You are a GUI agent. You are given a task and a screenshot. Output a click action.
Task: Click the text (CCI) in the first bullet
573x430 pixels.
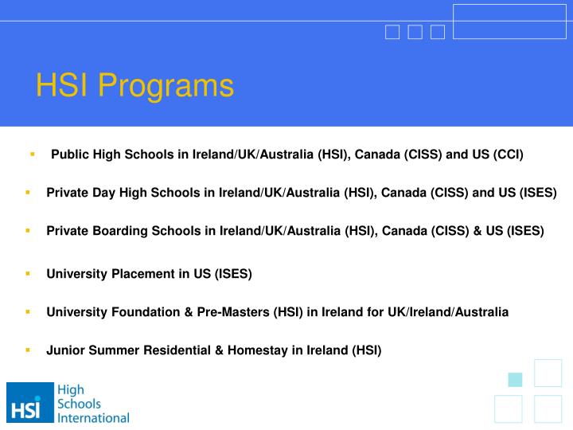[509, 154]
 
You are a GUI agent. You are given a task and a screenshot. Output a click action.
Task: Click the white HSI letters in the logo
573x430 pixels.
[25, 410]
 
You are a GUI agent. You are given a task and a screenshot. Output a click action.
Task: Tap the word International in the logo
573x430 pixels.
[94, 417]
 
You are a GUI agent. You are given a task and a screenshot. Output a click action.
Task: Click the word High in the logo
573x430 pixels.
[71, 390]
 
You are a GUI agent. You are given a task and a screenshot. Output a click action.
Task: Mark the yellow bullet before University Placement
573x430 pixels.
[28, 273]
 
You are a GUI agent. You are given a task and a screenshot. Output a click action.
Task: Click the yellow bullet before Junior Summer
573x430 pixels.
[28, 350]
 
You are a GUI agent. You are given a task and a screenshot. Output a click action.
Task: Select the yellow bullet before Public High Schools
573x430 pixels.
[33, 153]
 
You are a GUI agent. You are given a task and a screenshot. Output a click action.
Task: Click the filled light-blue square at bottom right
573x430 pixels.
[515, 379]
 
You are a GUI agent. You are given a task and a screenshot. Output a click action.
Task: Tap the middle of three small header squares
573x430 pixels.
[415, 32]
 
